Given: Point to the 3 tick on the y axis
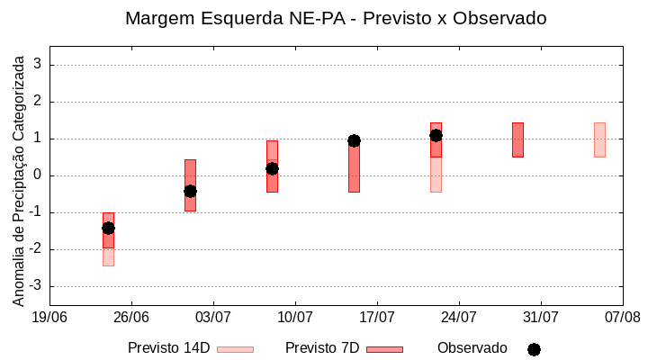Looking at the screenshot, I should (x=38, y=65).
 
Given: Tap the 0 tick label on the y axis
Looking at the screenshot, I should (x=38, y=175).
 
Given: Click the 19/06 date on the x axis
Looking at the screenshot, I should (x=49, y=317).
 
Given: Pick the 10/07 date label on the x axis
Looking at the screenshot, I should (x=295, y=317).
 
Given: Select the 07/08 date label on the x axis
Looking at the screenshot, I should (x=623, y=317).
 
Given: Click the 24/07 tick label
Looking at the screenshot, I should (x=459, y=317).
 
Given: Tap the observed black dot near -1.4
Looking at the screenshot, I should (x=108, y=228).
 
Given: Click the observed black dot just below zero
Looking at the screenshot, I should (x=190, y=191).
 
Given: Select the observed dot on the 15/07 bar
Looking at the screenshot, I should (x=354, y=140).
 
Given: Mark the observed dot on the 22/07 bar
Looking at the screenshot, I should (x=436, y=135).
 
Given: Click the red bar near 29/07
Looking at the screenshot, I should (x=517, y=139).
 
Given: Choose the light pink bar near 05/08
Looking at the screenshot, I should (x=599, y=139).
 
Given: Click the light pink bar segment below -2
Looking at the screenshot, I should (x=108, y=256).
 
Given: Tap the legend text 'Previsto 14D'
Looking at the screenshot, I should (x=168, y=347).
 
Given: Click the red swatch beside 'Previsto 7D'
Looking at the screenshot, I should (x=384, y=349).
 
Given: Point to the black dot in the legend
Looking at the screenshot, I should (x=534, y=349).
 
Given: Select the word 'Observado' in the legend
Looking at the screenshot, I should (x=472, y=347).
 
